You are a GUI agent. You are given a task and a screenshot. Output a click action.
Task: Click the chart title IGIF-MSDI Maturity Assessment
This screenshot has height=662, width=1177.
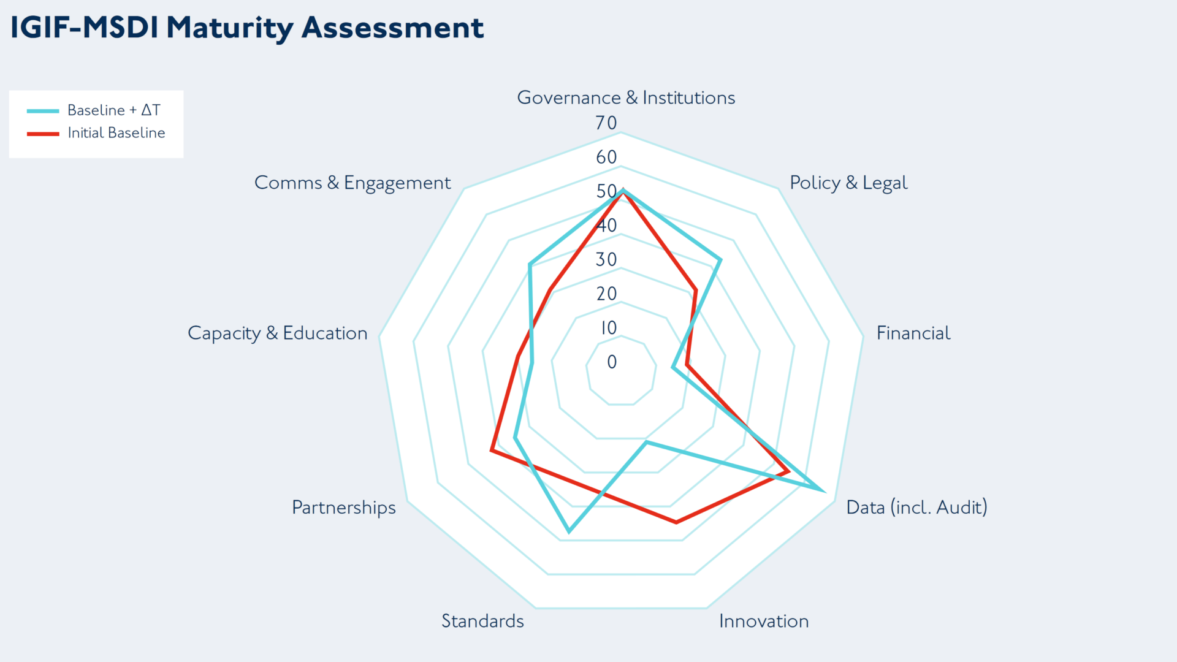(247, 28)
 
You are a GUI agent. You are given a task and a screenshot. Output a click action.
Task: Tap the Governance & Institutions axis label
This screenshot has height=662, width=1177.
(626, 98)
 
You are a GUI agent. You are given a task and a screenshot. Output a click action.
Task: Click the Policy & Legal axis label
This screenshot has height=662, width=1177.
(848, 183)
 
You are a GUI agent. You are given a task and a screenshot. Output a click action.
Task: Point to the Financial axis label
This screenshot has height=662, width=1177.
(913, 333)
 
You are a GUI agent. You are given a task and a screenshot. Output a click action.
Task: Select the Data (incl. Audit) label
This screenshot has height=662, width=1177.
(916, 508)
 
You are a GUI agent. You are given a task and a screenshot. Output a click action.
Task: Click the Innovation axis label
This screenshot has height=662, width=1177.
(763, 622)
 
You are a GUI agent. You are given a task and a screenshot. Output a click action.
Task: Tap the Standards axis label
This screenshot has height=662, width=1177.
(482, 622)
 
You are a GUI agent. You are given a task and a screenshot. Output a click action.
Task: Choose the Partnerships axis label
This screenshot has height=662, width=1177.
(343, 508)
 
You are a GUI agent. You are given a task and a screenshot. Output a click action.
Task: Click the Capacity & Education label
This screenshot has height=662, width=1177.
(277, 333)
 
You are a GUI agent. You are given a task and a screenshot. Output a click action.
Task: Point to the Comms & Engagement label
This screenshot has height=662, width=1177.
(352, 183)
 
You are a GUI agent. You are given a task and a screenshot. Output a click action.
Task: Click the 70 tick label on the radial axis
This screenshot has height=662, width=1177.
(606, 123)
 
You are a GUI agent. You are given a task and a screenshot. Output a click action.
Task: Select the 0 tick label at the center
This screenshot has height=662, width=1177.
(612, 362)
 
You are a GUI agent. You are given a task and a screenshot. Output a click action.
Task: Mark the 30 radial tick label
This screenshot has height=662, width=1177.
(606, 260)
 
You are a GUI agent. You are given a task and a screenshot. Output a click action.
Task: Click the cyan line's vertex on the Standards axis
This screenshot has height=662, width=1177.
(569, 531)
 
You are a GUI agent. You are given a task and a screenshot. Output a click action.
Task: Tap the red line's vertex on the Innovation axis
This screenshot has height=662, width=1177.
(676, 522)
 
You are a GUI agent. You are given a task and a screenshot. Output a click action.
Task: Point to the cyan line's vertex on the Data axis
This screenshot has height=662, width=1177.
(823, 490)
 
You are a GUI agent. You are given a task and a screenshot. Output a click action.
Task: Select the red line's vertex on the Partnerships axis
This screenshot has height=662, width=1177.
(492, 451)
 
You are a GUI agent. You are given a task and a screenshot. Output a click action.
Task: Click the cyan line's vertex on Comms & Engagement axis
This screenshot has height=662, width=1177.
(530, 265)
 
